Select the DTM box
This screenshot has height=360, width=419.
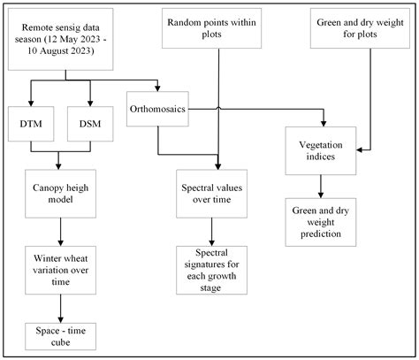point(30,124)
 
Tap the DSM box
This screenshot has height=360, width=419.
point(88,124)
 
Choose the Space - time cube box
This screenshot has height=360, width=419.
point(60,335)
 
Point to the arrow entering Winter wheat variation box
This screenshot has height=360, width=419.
point(60,233)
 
